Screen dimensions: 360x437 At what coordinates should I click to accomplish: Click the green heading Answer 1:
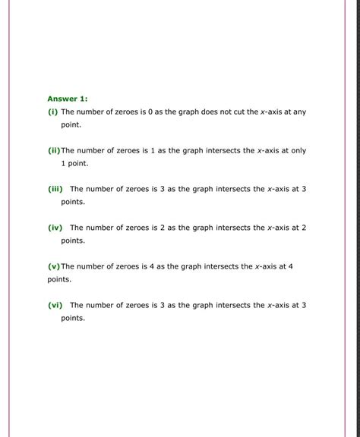[x=68, y=99]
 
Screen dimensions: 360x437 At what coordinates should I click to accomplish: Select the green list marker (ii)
[x=53, y=150]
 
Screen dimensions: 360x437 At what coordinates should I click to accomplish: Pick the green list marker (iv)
[x=55, y=228]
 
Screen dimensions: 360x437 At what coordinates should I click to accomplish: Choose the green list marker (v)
[x=53, y=266]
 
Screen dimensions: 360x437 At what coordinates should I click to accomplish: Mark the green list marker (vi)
[x=55, y=305]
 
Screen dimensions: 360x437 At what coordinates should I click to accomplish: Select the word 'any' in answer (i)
[x=299, y=112]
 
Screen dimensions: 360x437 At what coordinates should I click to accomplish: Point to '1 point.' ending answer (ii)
[x=75, y=163]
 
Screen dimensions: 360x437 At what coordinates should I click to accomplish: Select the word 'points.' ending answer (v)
[x=59, y=279]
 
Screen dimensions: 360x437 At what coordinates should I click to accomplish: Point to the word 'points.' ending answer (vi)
[x=73, y=318]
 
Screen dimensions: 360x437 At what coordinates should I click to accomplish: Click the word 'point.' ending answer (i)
[x=71, y=124]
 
